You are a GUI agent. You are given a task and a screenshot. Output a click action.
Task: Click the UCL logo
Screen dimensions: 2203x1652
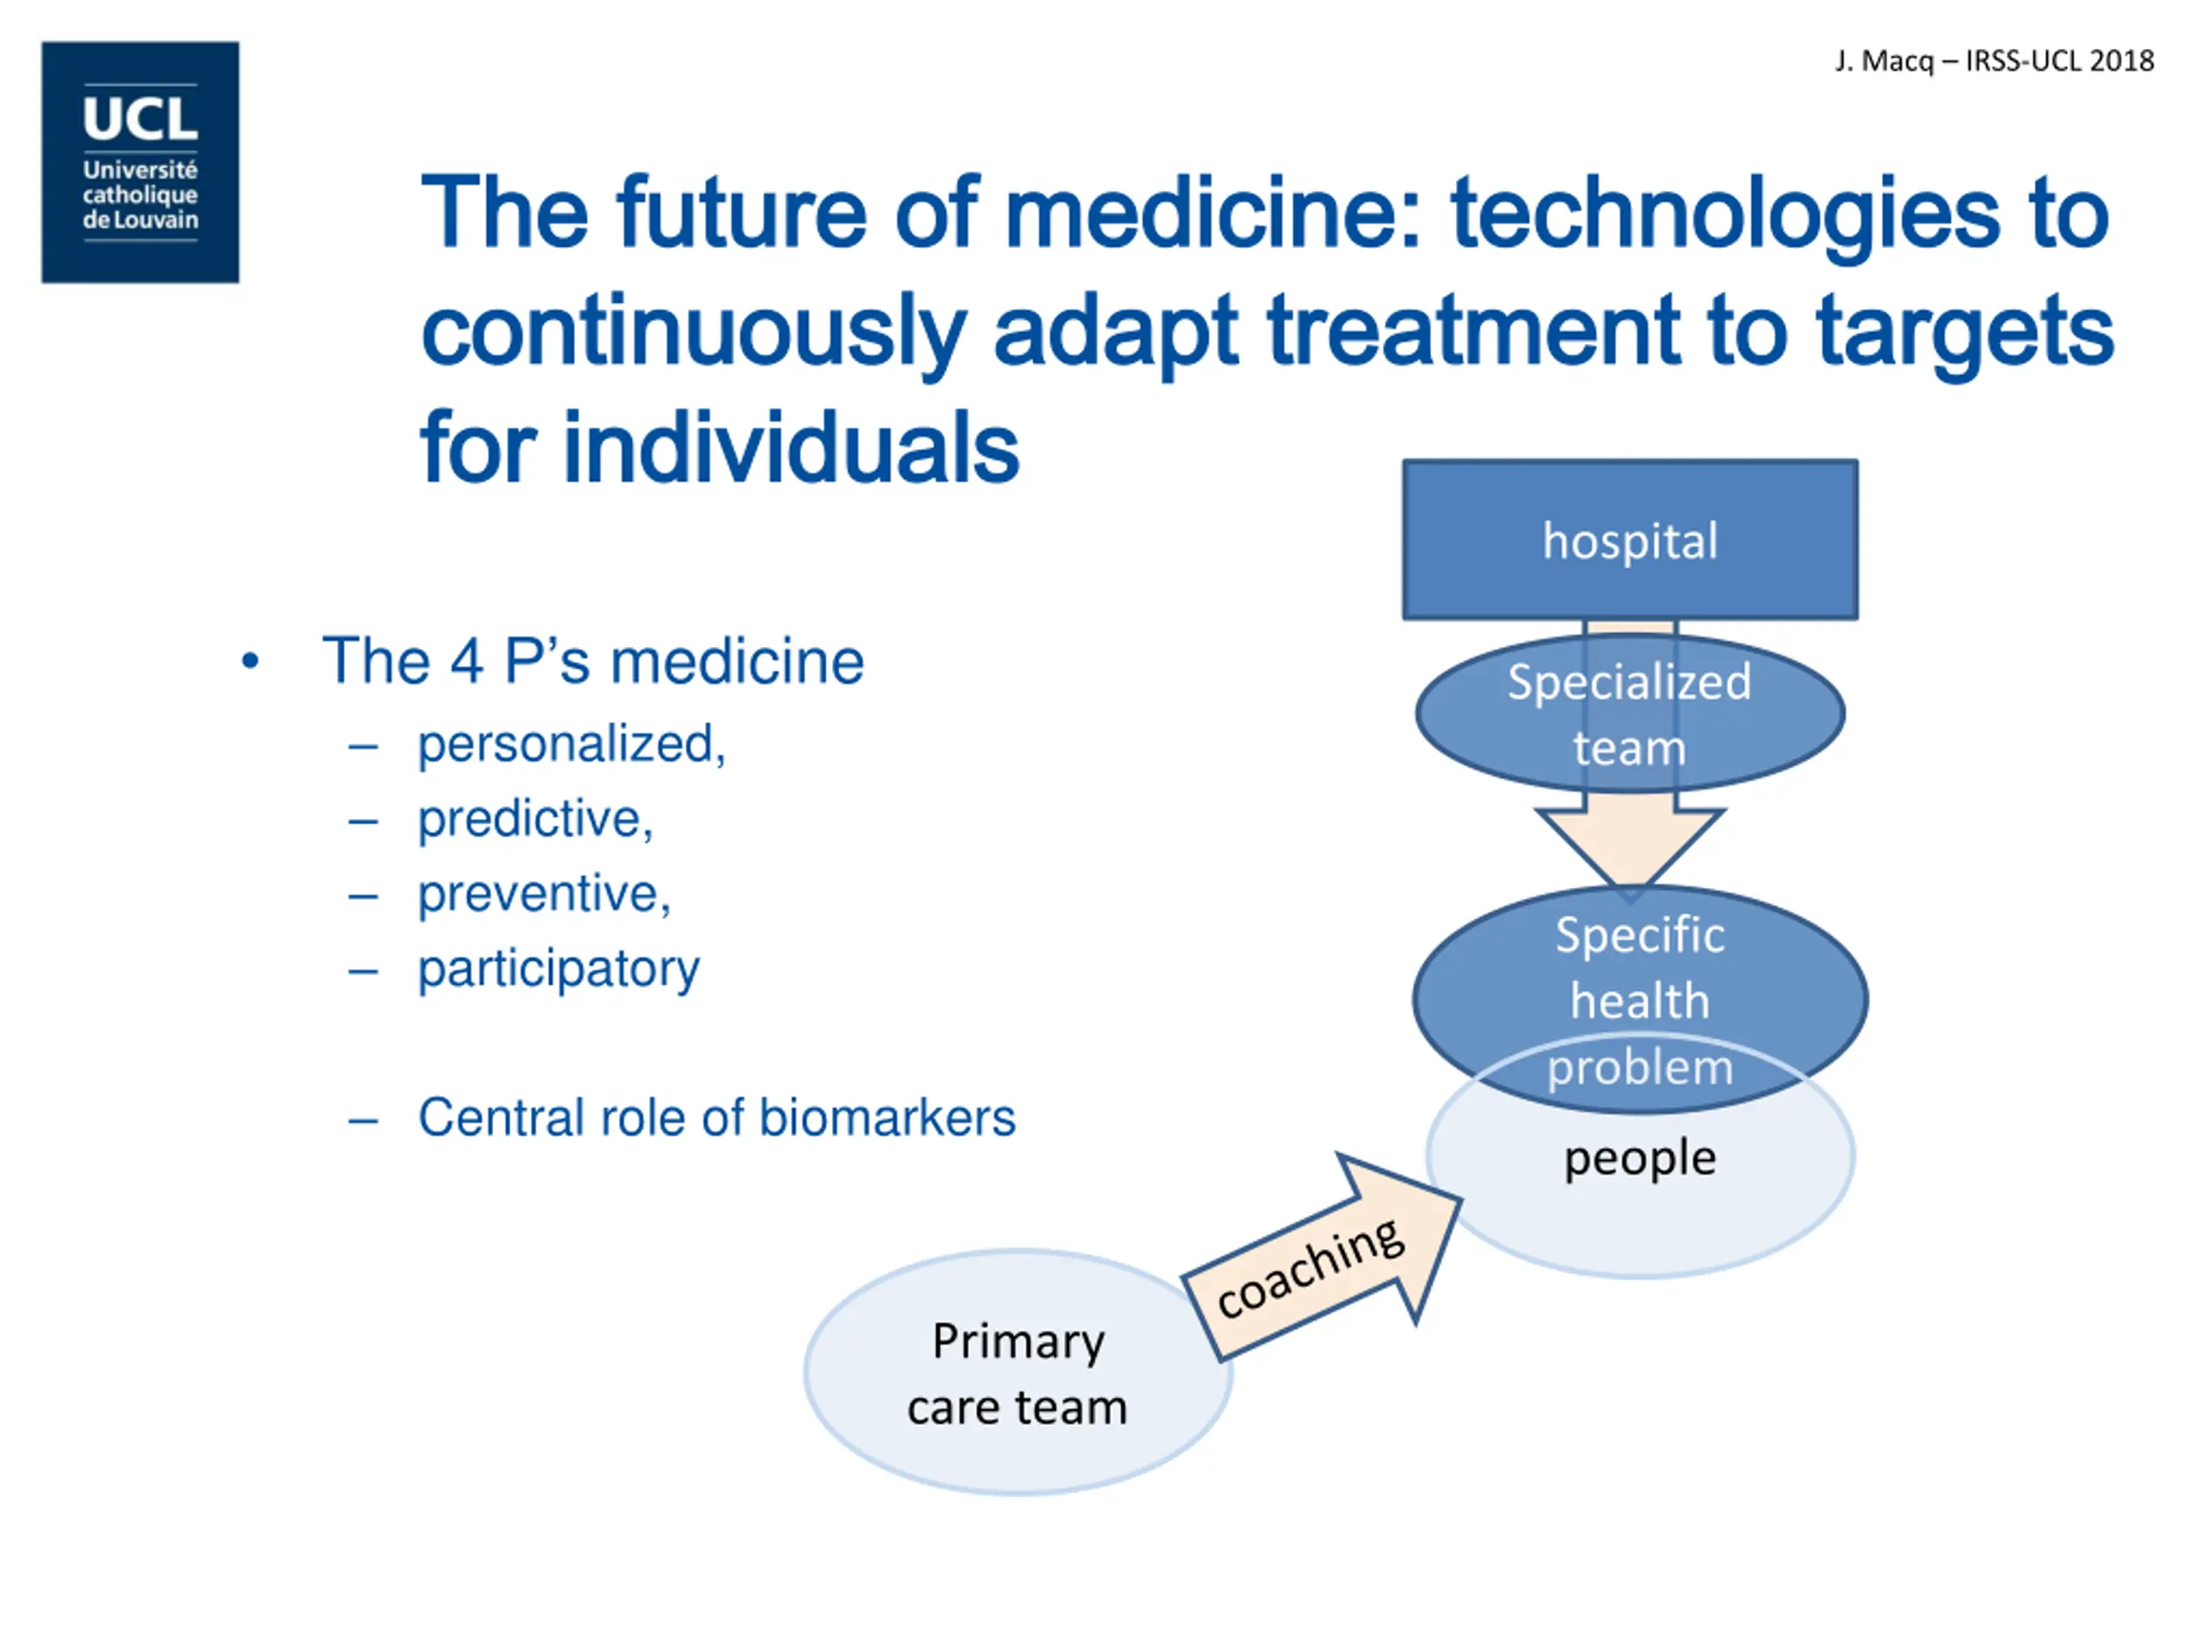(x=140, y=163)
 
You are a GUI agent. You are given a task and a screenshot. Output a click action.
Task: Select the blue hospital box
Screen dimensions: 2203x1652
(x=1629, y=540)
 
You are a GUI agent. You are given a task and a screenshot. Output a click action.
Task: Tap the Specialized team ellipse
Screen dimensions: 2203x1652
(x=1629, y=714)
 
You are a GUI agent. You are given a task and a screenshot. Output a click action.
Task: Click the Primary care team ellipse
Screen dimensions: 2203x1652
(x=1018, y=1373)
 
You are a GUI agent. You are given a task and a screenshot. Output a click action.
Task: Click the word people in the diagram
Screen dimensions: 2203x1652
(x=1639, y=1158)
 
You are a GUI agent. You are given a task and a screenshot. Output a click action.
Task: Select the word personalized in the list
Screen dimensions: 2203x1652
(x=570, y=745)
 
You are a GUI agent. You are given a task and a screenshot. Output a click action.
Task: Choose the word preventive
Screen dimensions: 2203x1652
(x=542, y=894)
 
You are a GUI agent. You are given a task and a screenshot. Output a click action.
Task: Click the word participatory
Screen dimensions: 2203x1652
(x=558, y=969)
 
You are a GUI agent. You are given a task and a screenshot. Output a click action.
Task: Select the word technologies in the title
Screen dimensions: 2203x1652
(x=1724, y=213)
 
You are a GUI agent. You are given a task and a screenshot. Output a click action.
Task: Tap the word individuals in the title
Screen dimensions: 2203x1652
(x=791, y=448)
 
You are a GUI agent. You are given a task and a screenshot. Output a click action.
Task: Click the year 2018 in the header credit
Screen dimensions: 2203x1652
(x=2121, y=62)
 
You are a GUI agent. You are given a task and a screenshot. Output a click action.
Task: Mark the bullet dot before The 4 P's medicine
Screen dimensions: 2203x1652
(x=250, y=660)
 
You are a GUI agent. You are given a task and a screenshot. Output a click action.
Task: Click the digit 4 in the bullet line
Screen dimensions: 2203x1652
(x=466, y=661)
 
